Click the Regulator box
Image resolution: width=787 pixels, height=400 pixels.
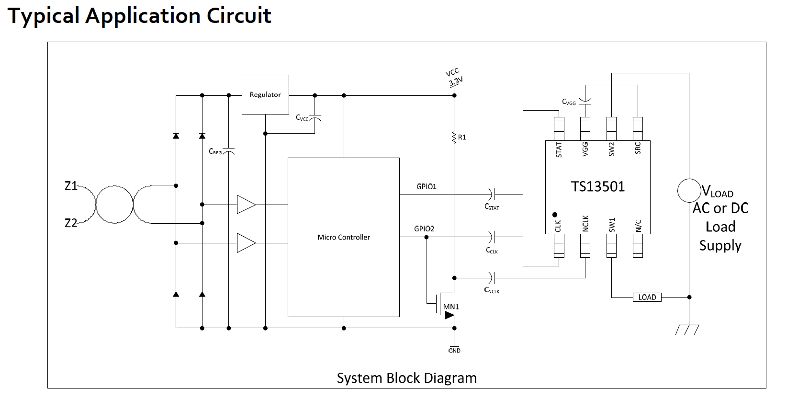click(265, 94)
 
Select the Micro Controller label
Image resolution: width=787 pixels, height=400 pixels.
click(343, 237)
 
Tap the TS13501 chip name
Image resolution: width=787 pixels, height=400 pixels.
click(598, 186)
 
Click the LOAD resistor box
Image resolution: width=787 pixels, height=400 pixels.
click(647, 297)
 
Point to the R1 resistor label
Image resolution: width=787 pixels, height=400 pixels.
click(462, 137)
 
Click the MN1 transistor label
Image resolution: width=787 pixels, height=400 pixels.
click(451, 306)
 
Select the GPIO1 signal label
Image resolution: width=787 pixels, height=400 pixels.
click(426, 186)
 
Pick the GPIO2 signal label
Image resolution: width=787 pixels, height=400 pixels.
click(424, 229)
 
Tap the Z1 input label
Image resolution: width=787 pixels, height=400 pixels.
click(71, 186)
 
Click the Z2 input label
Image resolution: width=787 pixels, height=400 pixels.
click(71, 223)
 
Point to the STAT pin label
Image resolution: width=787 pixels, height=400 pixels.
click(559, 149)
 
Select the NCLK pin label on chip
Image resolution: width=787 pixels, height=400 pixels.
click(585, 224)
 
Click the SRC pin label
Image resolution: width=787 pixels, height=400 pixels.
click(638, 148)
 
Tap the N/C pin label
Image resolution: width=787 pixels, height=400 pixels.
click(638, 225)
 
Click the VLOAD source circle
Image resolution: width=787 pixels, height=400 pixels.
click(689, 191)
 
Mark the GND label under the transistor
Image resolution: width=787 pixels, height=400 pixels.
click(454, 351)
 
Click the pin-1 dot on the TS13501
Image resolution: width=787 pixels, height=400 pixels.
click(554, 215)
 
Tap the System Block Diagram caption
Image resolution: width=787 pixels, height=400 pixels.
click(406, 378)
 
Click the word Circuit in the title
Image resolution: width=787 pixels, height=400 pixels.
click(239, 15)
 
